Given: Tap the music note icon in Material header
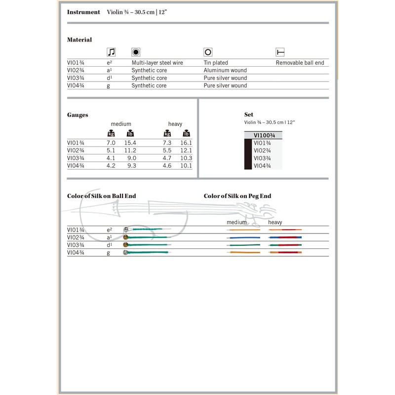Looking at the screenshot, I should pos(111,52).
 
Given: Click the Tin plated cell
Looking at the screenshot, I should pos(217,63).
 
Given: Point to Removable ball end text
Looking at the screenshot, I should pos(300,63).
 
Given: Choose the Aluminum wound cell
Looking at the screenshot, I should pos(225,71).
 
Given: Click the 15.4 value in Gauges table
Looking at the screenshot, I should pos(130,143).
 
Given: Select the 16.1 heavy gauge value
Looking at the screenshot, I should pos(186,143).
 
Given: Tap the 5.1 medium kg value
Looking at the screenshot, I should pos(111,150).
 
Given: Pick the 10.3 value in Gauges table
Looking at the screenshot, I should pos(186,158).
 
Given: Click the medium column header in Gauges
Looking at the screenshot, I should pos(121,124).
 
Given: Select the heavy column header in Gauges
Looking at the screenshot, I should pos(175,124).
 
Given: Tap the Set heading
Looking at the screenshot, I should pos(249,115).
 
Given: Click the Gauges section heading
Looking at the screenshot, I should pos(78,115).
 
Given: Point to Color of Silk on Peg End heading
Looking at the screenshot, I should pos(237,196).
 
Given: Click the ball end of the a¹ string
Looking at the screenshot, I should pos(126,237).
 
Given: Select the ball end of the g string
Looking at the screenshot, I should pos(125,253).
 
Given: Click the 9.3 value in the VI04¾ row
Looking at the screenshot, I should pos(131,166).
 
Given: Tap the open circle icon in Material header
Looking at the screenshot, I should pos(208,52).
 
